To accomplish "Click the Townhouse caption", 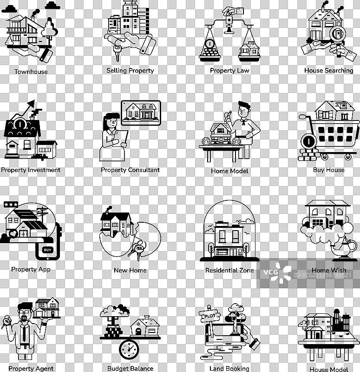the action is tap(31, 72).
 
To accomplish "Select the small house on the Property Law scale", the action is tap(249, 49).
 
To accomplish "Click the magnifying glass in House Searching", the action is tap(338, 36).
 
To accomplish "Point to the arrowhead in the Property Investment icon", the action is tap(31, 104).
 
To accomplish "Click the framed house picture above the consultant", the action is tap(141, 113).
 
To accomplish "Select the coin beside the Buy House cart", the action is tap(308, 141).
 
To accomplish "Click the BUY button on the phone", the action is tap(47, 250).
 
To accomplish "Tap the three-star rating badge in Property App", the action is tap(11, 204).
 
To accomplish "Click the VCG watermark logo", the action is tap(277, 273).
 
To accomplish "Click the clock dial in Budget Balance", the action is tap(129, 350).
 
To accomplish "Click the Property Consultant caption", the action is tap(130, 170).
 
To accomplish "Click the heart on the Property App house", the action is tap(13, 233).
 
